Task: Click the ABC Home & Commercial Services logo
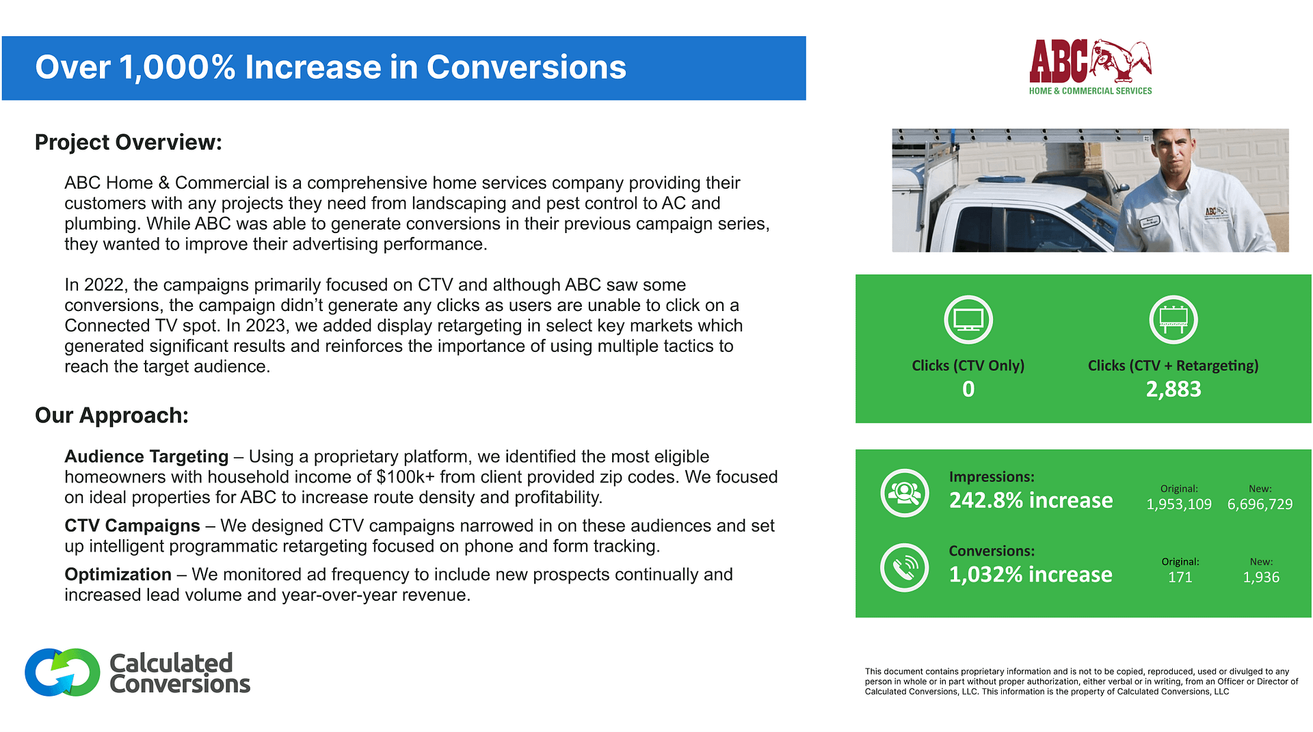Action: tap(1090, 67)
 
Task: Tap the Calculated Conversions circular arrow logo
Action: tap(62, 673)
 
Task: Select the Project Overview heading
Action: tap(129, 142)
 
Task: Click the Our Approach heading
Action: tap(111, 416)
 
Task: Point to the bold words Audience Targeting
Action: tap(146, 457)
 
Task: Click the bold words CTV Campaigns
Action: tap(132, 526)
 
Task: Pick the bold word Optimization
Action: tap(118, 574)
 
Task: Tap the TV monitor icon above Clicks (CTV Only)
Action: tap(968, 319)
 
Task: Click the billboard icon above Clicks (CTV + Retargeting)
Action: tap(1173, 319)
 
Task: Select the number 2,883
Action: tap(1173, 389)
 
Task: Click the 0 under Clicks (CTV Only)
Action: tap(968, 389)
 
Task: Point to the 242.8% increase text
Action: tap(1031, 500)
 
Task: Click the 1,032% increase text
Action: tap(1030, 575)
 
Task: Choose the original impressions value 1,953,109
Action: tap(1178, 504)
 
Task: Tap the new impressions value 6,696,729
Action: tap(1260, 504)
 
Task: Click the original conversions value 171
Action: tap(1180, 578)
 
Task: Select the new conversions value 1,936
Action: tap(1260, 578)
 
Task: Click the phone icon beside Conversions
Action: tap(904, 567)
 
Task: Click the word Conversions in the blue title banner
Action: tap(526, 67)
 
